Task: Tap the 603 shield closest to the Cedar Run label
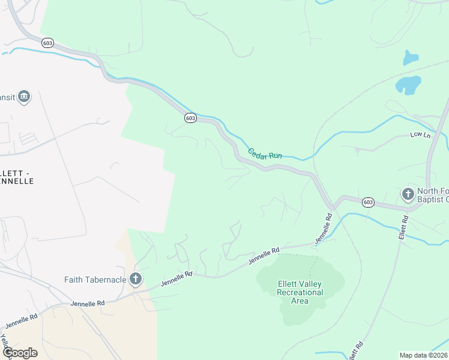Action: [190, 118]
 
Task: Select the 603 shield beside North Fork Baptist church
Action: [369, 203]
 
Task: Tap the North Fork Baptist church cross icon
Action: [408, 194]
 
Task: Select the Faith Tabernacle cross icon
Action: [136, 278]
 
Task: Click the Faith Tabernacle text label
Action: [95, 280]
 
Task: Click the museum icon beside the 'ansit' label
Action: [24, 97]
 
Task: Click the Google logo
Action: [20, 353]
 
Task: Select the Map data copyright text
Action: [424, 355]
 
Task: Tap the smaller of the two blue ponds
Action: [411, 58]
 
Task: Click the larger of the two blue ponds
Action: [408, 85]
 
